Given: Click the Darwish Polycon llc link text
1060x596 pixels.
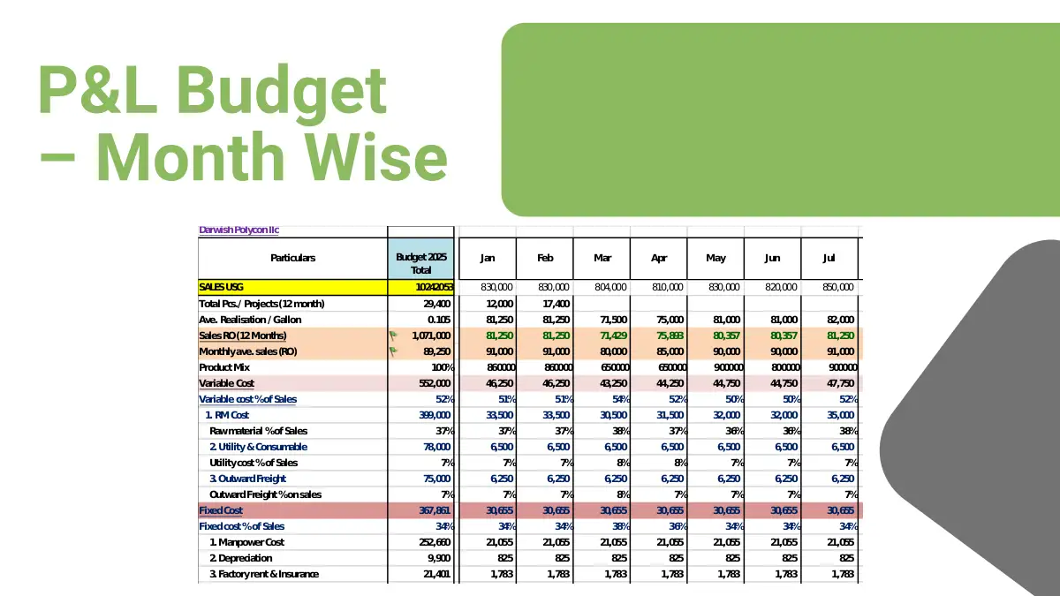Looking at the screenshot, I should tap(238, 230).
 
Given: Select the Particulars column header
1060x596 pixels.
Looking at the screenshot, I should tap(292, 258).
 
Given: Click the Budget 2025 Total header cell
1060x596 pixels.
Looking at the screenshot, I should tap(420, 263).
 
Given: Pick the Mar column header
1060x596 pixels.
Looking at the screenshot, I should tap(602, 258).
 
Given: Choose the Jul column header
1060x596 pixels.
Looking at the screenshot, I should tap(829, 258).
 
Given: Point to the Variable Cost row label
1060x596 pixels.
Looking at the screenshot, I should tap(227, 383).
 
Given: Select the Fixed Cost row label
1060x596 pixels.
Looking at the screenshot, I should tap(221, 510).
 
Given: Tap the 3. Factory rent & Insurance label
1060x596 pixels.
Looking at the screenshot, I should tap(264, 574).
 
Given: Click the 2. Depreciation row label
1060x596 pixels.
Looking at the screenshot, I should tap(241, 558).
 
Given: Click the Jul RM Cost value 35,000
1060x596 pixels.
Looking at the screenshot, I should tap(837, 415).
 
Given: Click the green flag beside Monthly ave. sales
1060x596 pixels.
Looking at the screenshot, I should tap(394, 351).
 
